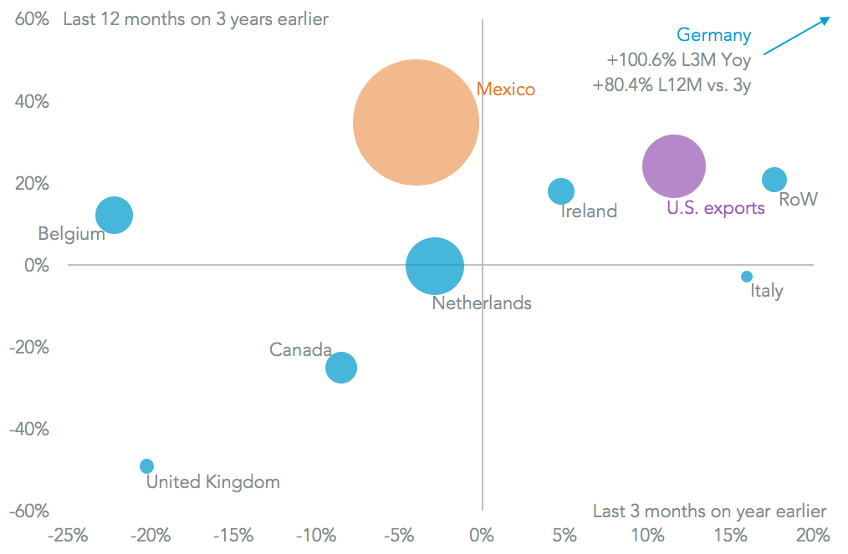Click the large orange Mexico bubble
416,123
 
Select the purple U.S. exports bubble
674,166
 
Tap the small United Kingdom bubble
146,466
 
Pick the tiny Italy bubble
747,277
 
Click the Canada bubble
341,368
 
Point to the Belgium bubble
115,215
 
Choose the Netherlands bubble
435,267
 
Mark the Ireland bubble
561,191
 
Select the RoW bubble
774,180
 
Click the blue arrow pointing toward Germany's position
796,36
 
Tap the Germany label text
713,35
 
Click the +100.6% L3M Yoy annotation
679,60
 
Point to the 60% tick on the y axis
32,19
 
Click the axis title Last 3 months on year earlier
709,511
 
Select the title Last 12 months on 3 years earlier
196,19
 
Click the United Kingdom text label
213,482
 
